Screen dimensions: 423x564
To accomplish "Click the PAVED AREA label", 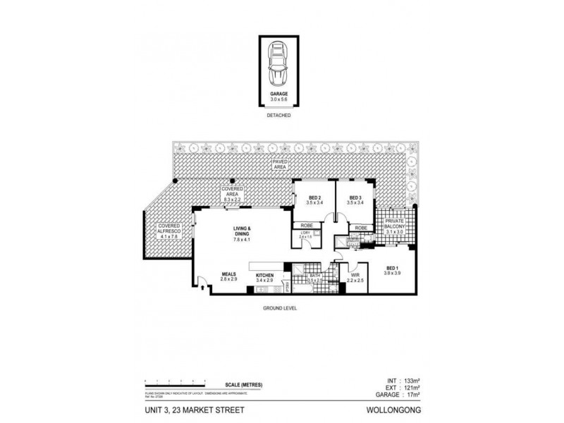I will (x=280, y=164).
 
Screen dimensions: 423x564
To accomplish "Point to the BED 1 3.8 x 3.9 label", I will (x=393, y=271).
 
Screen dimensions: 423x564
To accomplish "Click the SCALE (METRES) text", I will (x=244, y=384).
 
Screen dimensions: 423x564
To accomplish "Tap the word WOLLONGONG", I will (x=393, y=408).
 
